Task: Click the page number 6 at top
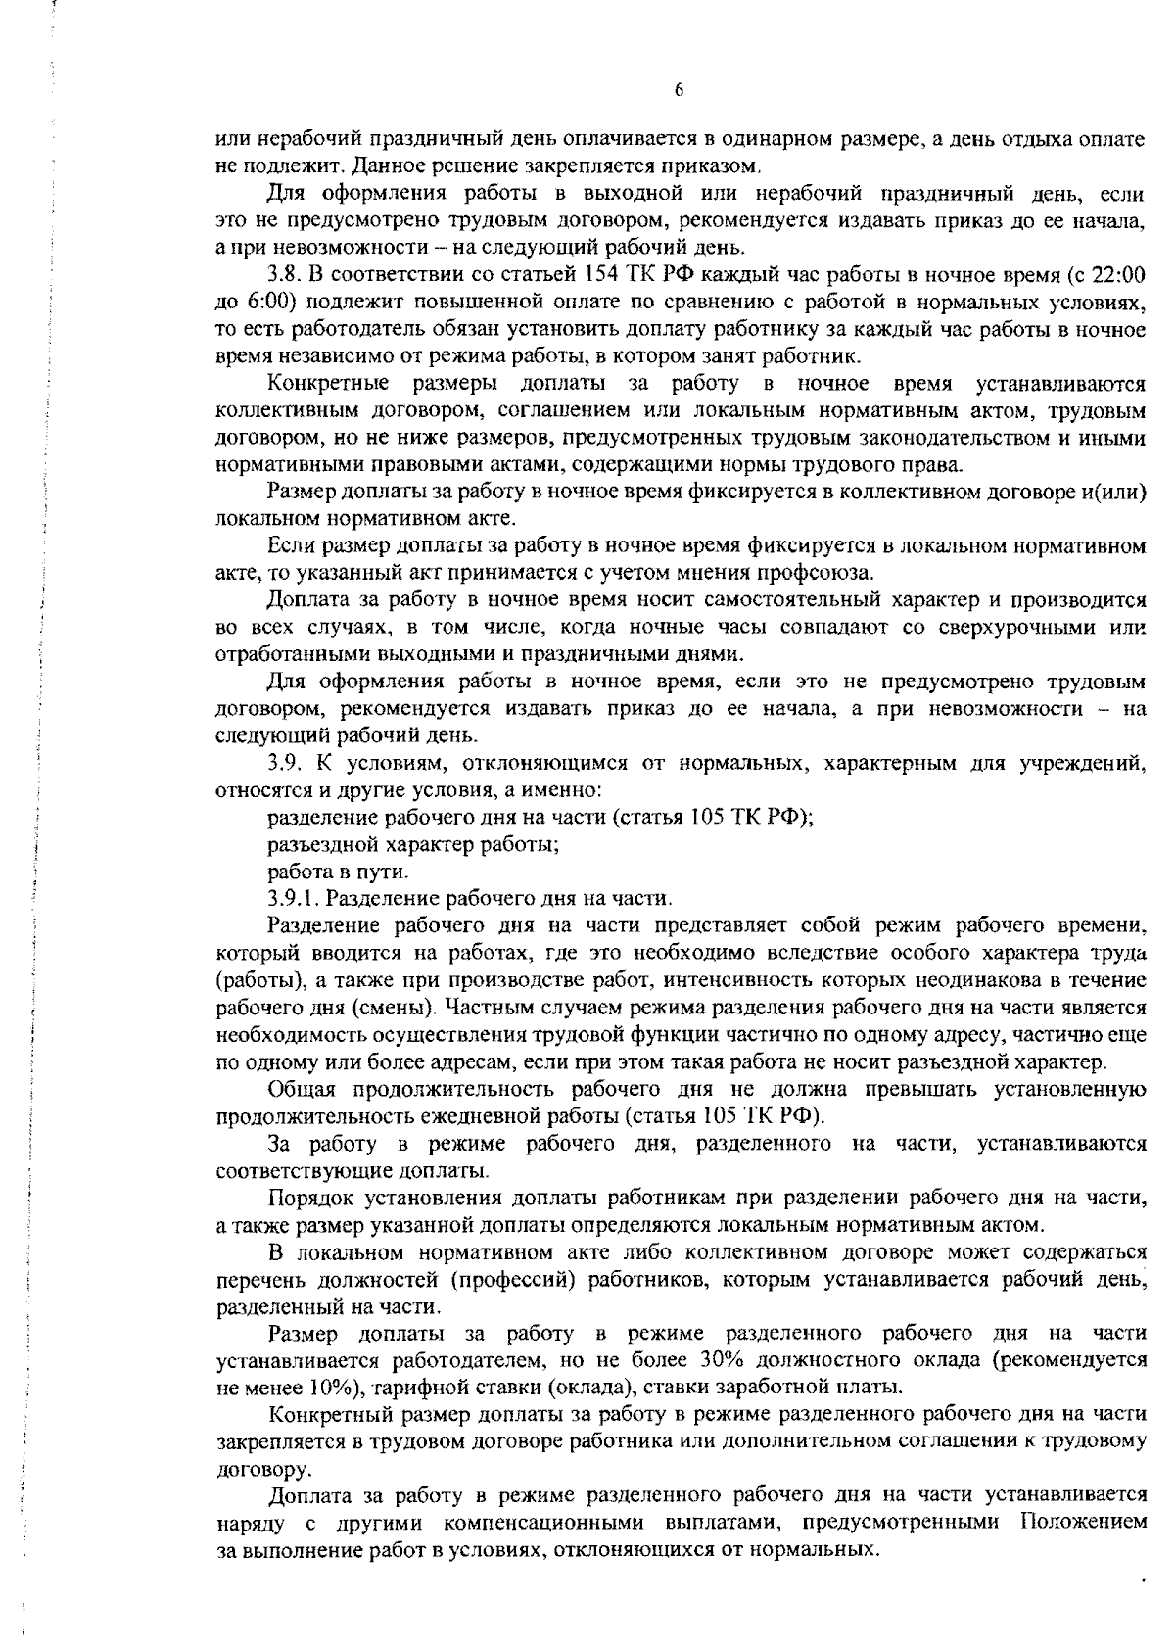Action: (x=679, y=90)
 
